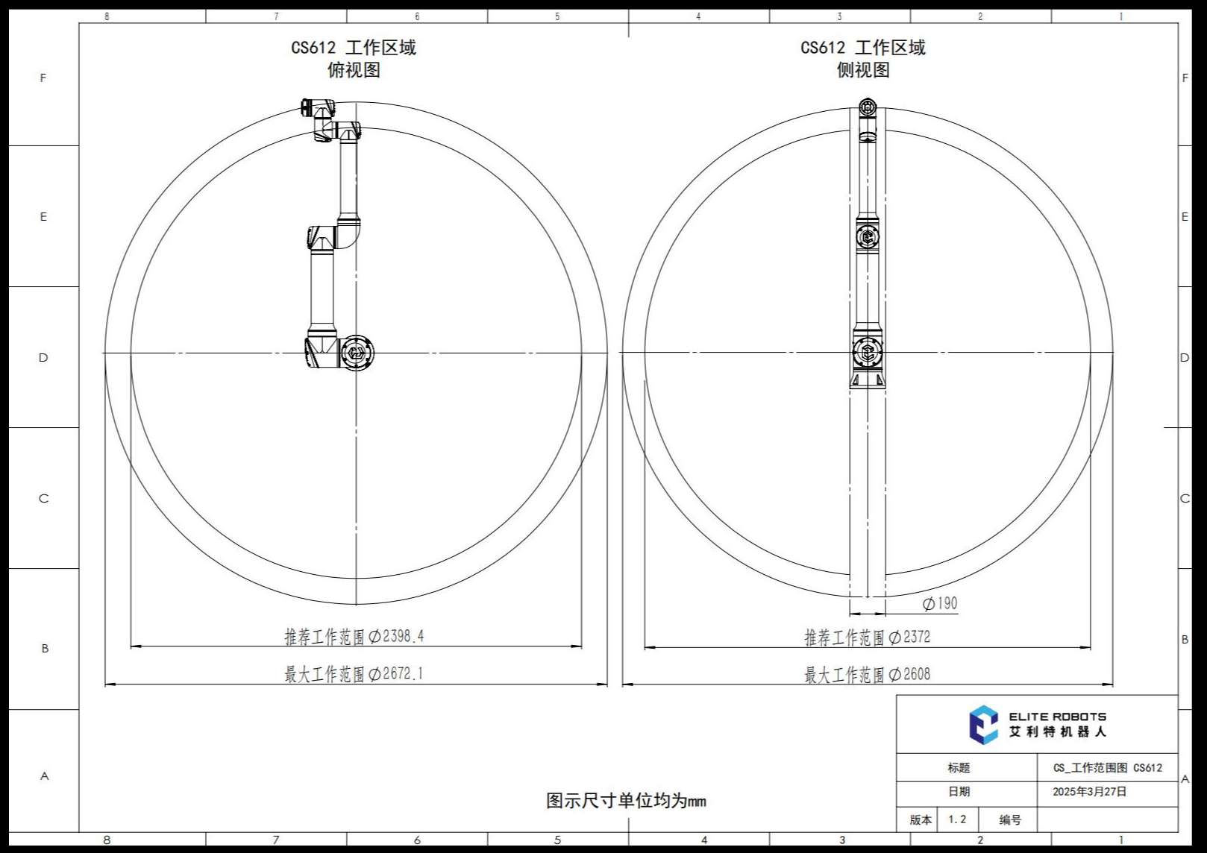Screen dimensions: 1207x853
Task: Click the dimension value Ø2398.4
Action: (396, 637)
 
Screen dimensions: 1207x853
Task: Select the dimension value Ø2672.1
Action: (396, 674)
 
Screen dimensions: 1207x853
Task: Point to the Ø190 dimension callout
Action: (940, 604)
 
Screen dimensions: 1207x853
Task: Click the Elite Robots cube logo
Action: (983, 725)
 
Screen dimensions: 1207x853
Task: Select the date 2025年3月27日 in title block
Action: (1090, 792)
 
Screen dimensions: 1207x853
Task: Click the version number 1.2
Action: (957, 819)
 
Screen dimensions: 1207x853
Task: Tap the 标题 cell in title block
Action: (959, 768)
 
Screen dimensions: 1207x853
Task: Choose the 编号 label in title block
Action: (1010, 820)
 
